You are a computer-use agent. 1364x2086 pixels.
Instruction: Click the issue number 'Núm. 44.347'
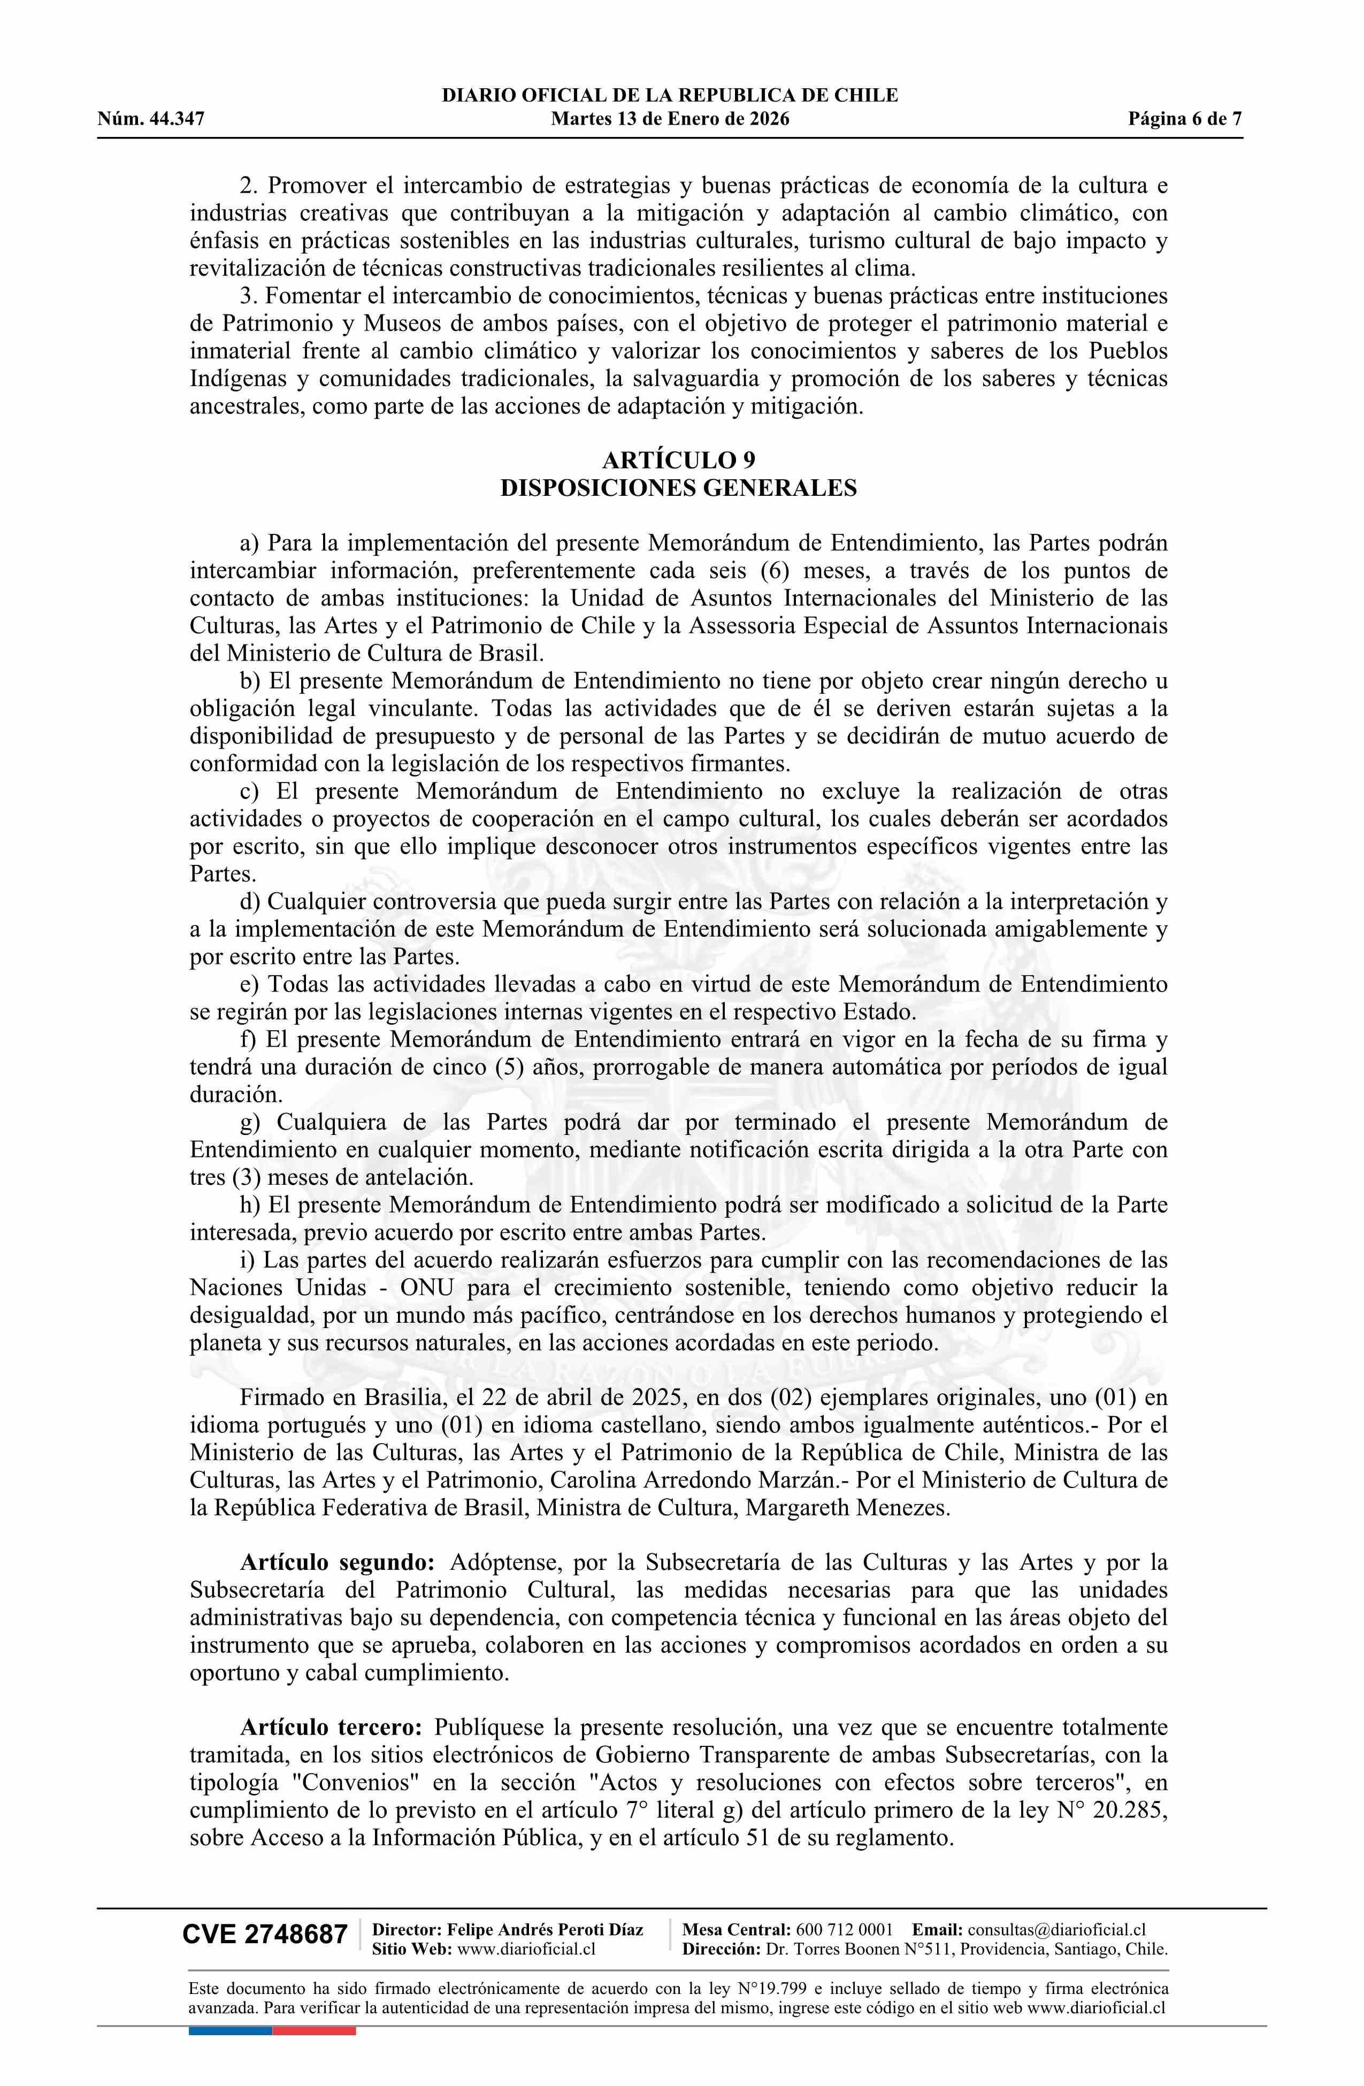(x=151, y=119)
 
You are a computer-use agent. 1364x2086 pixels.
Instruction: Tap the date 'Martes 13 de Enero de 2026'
(x=670, y=119)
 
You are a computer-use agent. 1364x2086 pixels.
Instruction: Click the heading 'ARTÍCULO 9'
(x=678, y=460)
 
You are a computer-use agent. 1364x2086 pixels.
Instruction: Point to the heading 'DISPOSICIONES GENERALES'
(x=678, y=488)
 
